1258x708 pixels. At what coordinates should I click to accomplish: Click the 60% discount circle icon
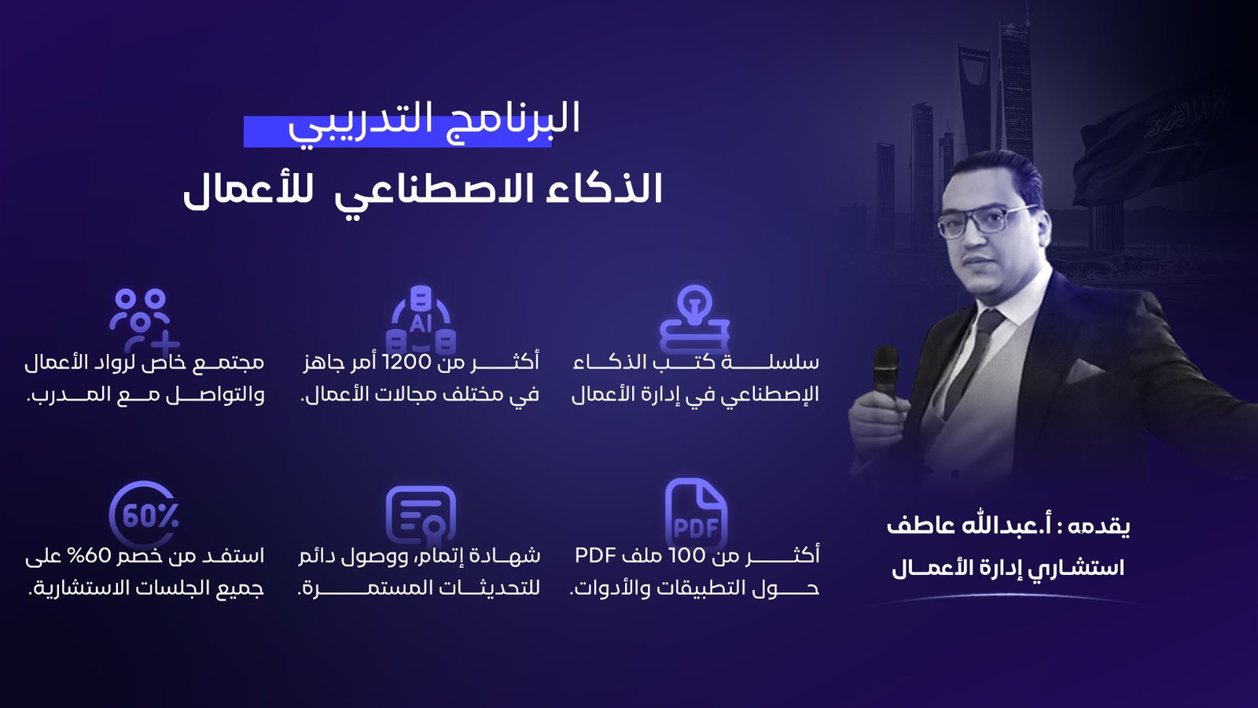145,514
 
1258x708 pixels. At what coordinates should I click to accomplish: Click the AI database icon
421,320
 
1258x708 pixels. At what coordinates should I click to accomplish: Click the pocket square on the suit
1083,371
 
